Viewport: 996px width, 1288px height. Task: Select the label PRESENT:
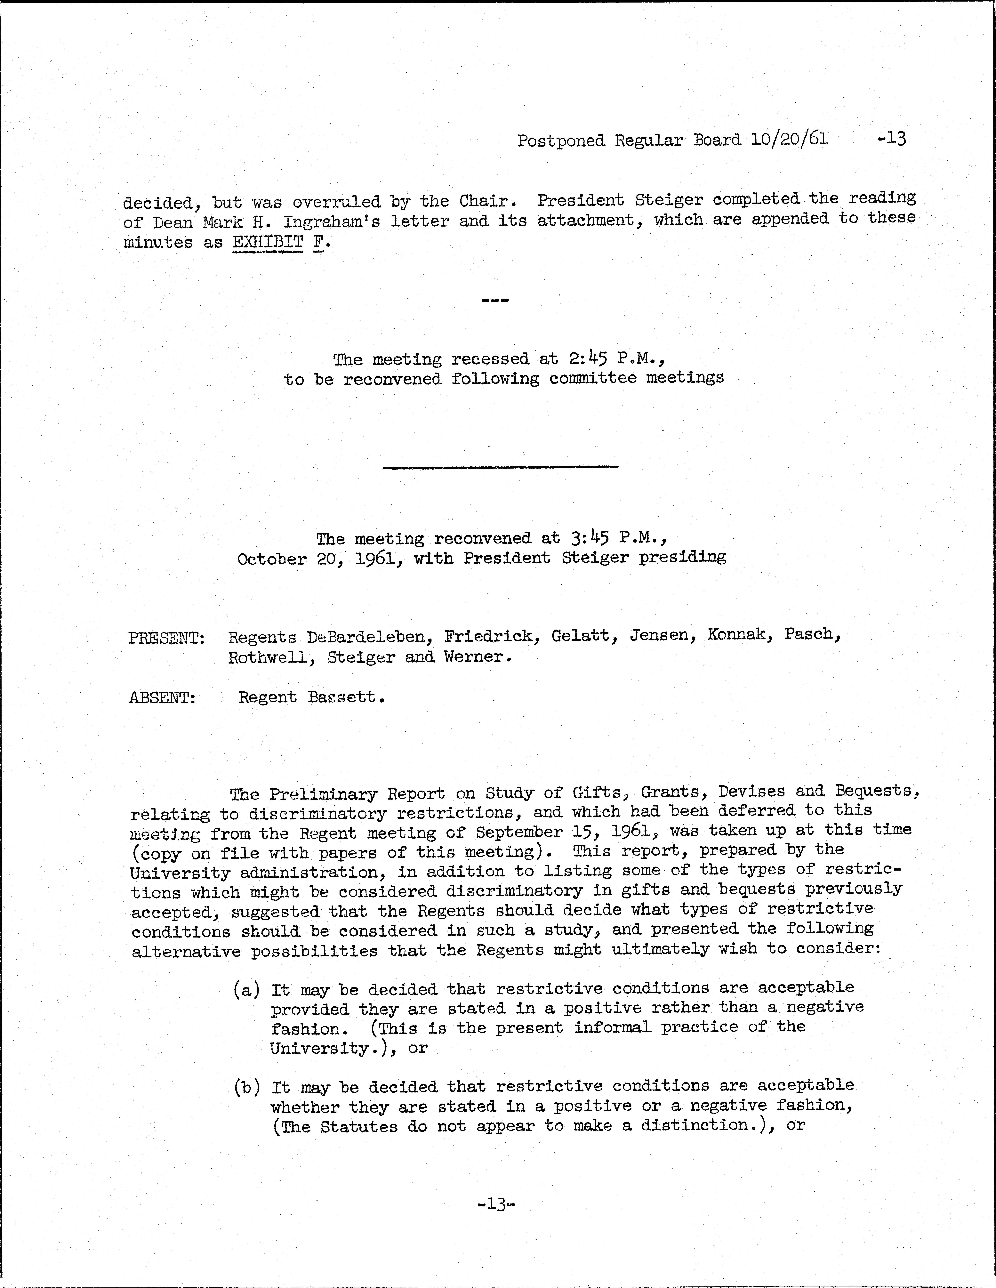pyautogui.click(x=166, y=638)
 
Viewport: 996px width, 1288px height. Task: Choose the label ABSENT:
pyautogui.click(x=162, y=698)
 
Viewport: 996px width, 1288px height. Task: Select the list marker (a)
pyautogui.click(x=246, y=990)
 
